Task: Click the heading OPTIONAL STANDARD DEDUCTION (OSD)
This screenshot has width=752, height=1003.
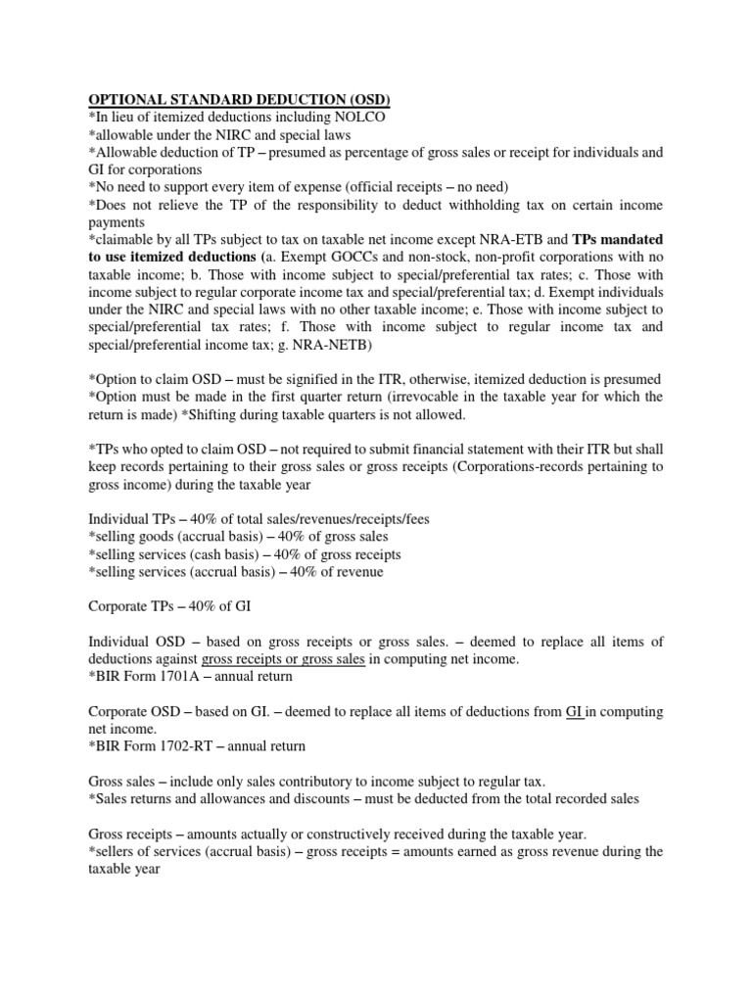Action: tap(241, 99)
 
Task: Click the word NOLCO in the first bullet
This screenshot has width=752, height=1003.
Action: tap(356, 117)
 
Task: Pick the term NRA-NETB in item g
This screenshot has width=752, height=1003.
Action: tap(366, 345)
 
